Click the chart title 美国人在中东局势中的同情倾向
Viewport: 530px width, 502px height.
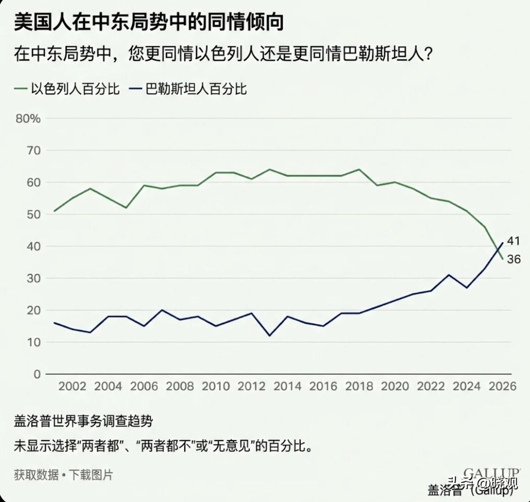pyautogui.click(x=149, y=22)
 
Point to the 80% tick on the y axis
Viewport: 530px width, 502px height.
pyautogui.click(x=28, y=119)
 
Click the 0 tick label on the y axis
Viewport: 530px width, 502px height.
pyautogui.click(x=37, y=374)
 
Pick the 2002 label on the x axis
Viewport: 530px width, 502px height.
pyautogui.click(x=72, y=386)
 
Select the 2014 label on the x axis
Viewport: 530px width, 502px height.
pyautogui.click(x=287, y=386)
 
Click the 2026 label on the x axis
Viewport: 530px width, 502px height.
pyautogui.click(x=502, y=386)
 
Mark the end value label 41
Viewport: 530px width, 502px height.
pyautogui.click(x=513, y=241)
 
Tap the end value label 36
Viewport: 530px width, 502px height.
pyautogui.click(x=513, y=259)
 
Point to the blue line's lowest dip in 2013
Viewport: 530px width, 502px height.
pyautogui.click(x=270, y=335)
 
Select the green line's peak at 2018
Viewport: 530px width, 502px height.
pyautogui.click(x=359, y=169)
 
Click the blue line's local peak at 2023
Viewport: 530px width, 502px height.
pyautogui.click(x=449, y=275)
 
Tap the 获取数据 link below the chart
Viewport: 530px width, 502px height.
pyautogui.click(x=36, y=475)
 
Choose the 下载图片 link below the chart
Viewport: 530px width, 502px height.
pyautogui.click(x=91, y=475)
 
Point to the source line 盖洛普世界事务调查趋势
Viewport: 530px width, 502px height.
pyautogui.click(x=83, y=421)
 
